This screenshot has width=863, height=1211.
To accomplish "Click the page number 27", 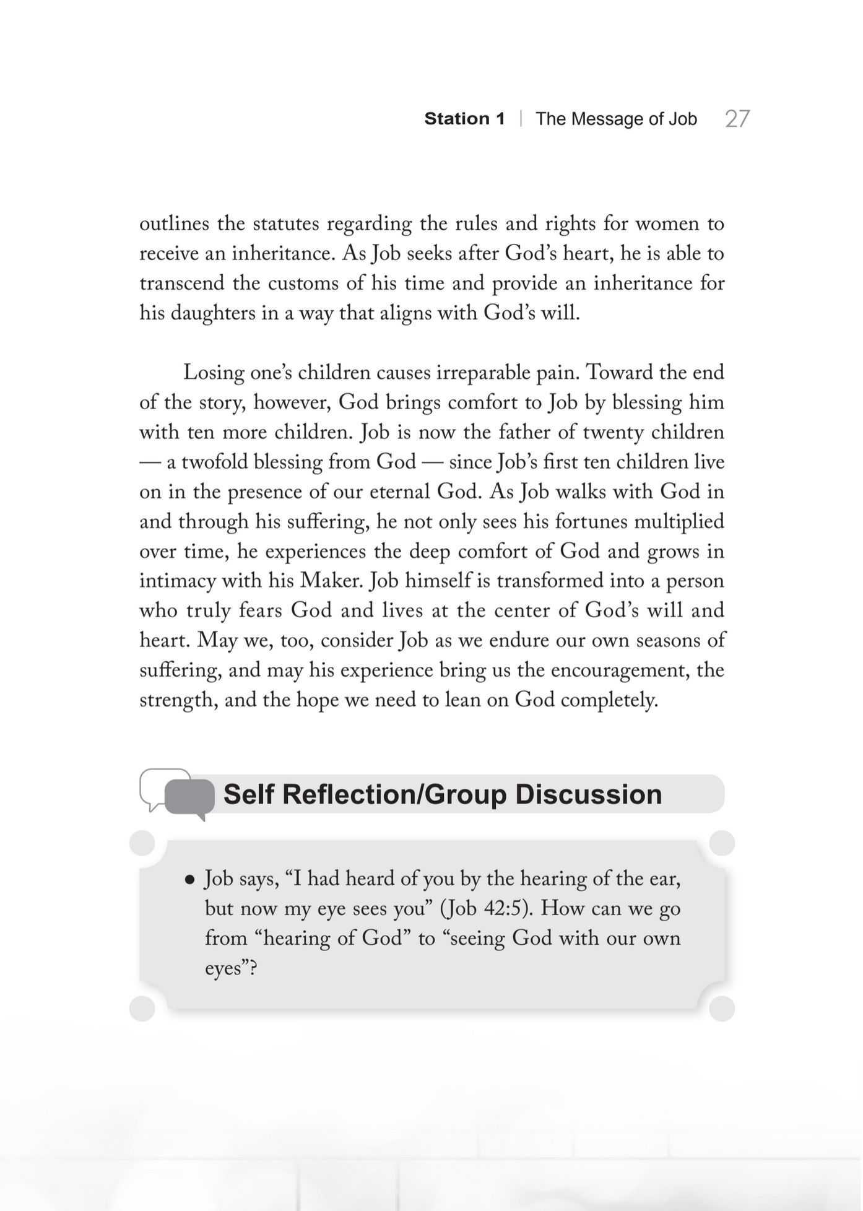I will (737, 119).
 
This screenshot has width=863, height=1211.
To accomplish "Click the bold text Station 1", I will (464, 119).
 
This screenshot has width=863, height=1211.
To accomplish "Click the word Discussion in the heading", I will (588, 794).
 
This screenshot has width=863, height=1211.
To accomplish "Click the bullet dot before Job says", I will (190, 879).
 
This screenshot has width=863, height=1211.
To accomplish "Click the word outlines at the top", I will (174, 224).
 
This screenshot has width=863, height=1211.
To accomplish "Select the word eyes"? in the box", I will (231, 968).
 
